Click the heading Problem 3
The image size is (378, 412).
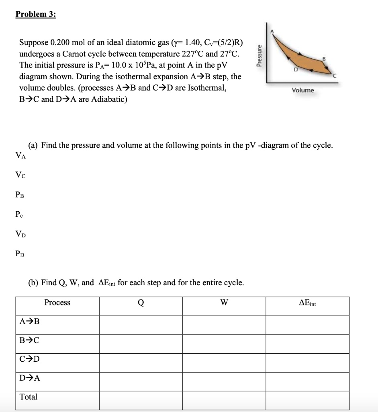point(36,14)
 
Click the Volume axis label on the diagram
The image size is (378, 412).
point(303,90)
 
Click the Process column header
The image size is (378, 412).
point(57,303)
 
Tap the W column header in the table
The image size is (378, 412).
point(224,303)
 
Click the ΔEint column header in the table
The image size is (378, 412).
point(307,303)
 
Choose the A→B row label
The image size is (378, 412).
point(30,321)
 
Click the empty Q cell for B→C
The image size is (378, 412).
point(141,340)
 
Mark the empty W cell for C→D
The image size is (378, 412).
point(224,359)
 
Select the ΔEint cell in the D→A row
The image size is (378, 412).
point(307,378)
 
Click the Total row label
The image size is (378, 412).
point(29,397)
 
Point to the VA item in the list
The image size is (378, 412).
point(20,155)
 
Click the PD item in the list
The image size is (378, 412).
point(20,253)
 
